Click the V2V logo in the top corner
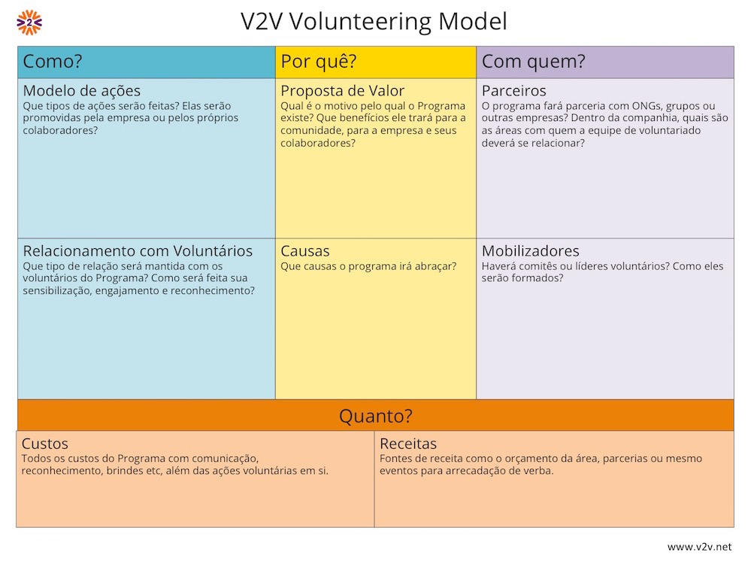(29, 23)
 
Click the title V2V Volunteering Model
(374, 22)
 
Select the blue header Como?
(52, 62)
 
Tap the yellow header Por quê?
(319, 62)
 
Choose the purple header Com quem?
(534, 62)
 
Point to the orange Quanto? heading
(376, 415)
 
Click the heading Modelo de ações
(82, 90)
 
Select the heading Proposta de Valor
(343, 90)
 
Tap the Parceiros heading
(514, 90)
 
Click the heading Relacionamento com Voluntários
(138, 250)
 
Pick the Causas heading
(305, 250)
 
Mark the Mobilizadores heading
(531, 250)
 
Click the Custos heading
(45, 443)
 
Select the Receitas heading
(408, 443)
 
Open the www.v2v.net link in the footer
(699, 547)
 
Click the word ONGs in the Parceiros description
(647, 106)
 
